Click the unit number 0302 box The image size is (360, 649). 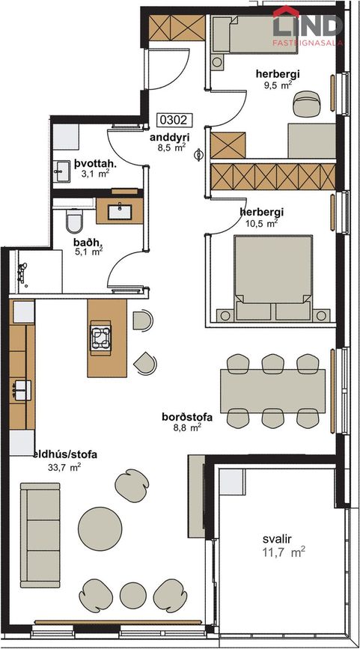pyautogui.click(x=175, y=120)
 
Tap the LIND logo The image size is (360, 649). pyautogui.click(x=308, y=25)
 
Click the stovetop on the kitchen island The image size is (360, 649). pyautogui.click(x=101, y=338)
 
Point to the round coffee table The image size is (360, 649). pyautogui.click(x=100, y=528)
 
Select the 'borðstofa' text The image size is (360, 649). pyautogui.click(x=187, y=417)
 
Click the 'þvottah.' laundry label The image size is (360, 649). pyautogui.click(x=96, y=164)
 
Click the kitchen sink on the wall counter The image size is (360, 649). pyautogui.click(x=22, y=390)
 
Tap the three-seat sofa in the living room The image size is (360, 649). pyautogui.click(x=40, y=535)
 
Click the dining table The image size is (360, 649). pyautogui.click(x=272, y=391)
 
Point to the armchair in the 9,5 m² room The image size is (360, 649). pyautogui.click(x=307, y=103)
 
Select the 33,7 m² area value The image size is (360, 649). pyautogui.click(x=64, y=468)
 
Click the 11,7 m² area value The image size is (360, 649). pyautogui.click(x=284, y=552)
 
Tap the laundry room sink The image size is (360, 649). pyautogui.click(x=62, y=171)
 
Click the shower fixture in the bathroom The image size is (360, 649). pyautogui.click(x=22, y=273)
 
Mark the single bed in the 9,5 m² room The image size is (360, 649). pyautogui.click(x=254, y=34)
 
